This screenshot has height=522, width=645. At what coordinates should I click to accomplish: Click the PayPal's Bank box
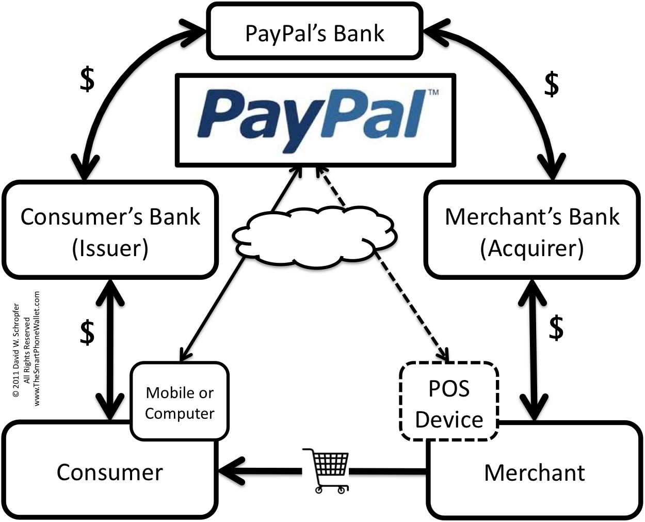pyautogui.click(x=315, y=31)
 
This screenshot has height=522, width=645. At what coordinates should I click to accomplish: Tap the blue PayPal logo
pyautogui.click(x=311, y=120)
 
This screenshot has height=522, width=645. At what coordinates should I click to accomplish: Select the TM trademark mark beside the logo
pyautogui.click(x=433, y=92)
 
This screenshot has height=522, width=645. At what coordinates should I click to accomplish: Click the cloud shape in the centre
pyautogui.click(x=314, y=237)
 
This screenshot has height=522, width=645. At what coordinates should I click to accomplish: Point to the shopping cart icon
pyautogui.click(x=326, y=471)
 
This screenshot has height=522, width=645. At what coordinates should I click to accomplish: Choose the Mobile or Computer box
pyautogui.click(x=180, y=401)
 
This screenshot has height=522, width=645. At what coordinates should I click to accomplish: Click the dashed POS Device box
pyautogui.click(x=449, y=401)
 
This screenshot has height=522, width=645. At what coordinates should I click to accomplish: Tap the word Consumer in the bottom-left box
pyautogui.click(x=109, y=472)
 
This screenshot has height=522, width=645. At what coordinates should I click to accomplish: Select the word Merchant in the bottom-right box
pyautogui.click(x=535, y=472)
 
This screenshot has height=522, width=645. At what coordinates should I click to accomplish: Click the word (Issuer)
pyautogui.click(x=110, y=248)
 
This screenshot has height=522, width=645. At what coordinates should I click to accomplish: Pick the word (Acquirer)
pyautogui.click(x=532, y=248)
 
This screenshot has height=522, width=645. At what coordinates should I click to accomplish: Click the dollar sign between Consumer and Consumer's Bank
pyautogui.click(x=87, y=332)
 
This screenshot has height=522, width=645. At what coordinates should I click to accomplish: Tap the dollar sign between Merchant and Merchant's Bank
pyautogui.click(x=556, y=328)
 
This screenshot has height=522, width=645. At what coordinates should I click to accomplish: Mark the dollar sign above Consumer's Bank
pyautogui.click(x=87, y=80)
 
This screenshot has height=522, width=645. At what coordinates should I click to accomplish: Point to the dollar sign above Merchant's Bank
pyautogui.click(x=552, y=84)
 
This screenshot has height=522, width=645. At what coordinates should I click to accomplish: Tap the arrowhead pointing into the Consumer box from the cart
pyautogui.click(x=231, y=471)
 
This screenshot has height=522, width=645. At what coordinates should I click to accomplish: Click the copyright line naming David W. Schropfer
pyautogui.click(x=16, y=350)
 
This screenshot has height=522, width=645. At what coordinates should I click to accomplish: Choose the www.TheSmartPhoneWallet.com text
pyautogui.click(x=36, y=349)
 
